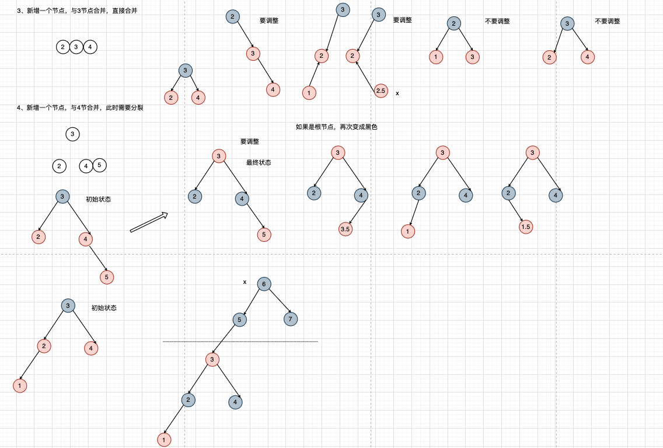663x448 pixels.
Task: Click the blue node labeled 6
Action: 263,284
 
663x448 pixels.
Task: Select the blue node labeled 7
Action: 291,319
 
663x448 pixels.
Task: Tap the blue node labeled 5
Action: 239,319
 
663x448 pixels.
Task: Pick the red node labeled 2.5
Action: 381,91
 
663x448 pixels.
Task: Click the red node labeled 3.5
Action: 345,229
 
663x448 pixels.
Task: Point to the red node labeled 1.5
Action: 526,227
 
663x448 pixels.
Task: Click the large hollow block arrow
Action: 149,223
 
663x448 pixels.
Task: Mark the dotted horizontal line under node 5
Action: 240,341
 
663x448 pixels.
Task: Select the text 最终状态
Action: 259,162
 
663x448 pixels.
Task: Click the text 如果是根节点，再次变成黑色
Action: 337,127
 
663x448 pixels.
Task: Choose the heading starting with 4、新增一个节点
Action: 81,107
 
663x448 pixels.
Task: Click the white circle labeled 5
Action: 99,166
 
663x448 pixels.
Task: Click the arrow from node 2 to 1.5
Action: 517,210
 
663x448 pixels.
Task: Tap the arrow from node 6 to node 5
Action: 251,302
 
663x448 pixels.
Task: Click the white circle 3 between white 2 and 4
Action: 76,47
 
